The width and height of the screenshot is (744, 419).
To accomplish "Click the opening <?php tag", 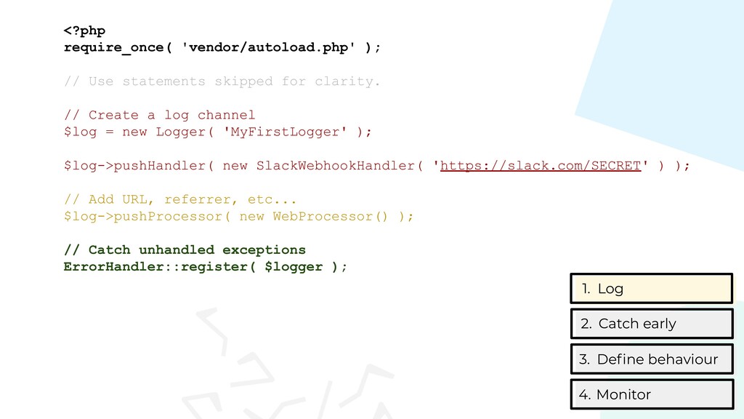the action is click(x=84, y=31).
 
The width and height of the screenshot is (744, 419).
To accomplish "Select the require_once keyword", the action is click(x=113, y=47).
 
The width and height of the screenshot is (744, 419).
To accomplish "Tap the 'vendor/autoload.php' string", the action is click(x=269, y=47).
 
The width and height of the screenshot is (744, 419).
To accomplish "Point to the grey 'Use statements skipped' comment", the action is click(x=222, y=81).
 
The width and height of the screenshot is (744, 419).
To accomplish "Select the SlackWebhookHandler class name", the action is click(x=336, y=166).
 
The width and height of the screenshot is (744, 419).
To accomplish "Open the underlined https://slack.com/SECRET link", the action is click(x=541, y=166).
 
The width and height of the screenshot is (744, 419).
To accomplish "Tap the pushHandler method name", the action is click(x=159, y=166).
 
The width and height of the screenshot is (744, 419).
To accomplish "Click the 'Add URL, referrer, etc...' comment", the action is click(x=180, y=199).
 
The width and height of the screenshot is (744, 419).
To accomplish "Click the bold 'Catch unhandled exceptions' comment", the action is click(x=185, y=250).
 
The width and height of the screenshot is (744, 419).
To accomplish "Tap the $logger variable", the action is click(x=294, y=267).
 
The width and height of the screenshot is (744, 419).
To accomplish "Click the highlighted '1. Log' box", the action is click(x=652, y=288).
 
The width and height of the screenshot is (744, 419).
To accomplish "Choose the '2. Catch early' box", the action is click(x=652, y=324).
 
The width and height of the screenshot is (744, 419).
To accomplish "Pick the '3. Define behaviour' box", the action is click(x=652, y=359).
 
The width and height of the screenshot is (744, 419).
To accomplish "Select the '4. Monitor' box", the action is click(x=652, y=394).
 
